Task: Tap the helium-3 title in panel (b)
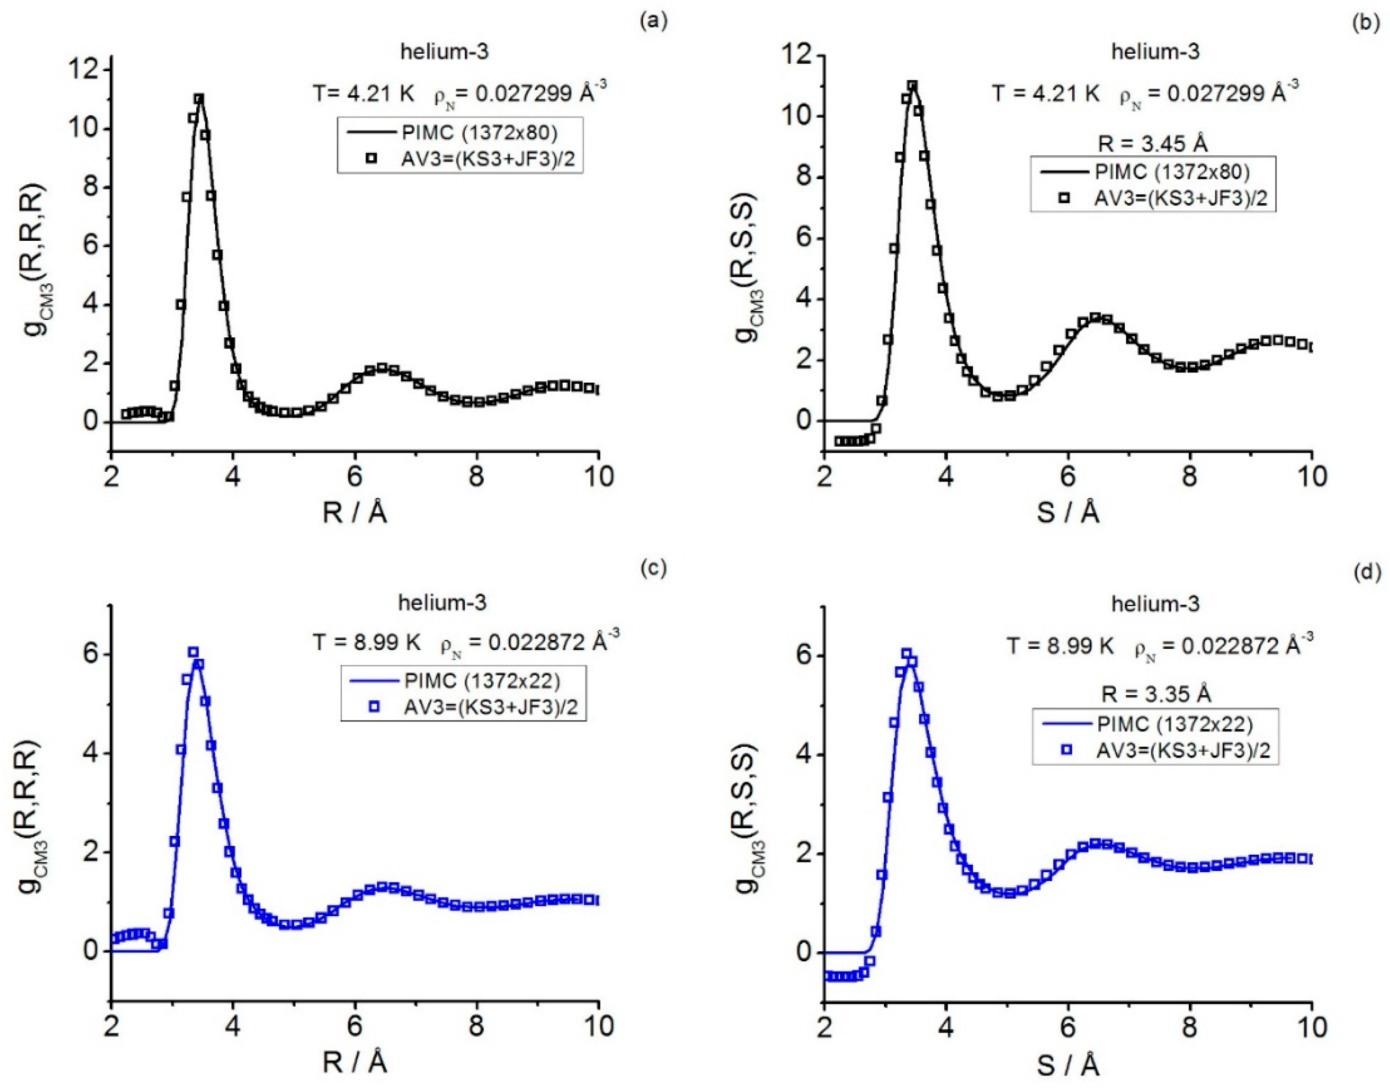1155,51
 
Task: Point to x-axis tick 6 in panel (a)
355,477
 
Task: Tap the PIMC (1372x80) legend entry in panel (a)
479,133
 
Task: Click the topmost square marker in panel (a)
199,99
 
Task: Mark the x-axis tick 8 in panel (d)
1189,1027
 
